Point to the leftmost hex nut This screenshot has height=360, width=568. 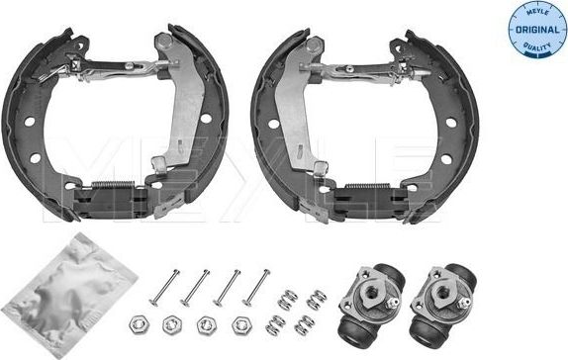136,323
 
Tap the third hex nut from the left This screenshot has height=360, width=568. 205,323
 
